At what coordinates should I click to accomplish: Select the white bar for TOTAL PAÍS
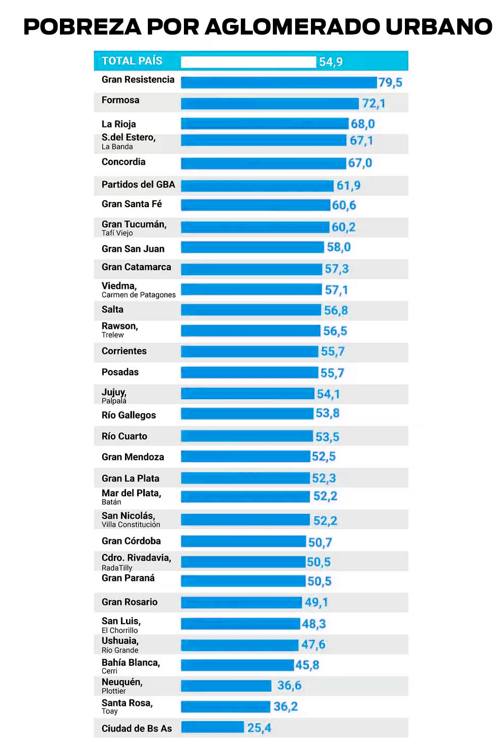[x=248, y=62]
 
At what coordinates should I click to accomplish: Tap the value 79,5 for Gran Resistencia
[x=390, y=82]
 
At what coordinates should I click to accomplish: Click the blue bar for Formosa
[x=270, y=104]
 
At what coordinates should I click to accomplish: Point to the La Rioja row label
[x=119, y=124]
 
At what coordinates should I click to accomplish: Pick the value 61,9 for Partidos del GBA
[x=349, y=185]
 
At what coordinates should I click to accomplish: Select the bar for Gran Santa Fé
[x=256, y=205]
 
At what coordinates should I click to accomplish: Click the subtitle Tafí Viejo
[x=117, y=233]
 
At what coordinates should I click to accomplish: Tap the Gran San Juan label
[x=133, y=249]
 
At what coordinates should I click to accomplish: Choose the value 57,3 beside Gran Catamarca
[x=337, y=269]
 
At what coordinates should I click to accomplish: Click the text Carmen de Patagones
[x=139, y=295]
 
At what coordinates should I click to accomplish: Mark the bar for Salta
[x=251, y=310]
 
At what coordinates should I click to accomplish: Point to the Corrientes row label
[x=124, y=351]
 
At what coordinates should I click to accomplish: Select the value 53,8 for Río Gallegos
[x=328, y=413]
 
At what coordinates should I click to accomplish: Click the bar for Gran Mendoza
[x=245, y=457]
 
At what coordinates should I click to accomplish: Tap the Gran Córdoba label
[x=131, y=541]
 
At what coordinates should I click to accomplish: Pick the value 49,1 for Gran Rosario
[x=317, y=602]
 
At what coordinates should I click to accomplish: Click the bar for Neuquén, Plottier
[x=226, y=686]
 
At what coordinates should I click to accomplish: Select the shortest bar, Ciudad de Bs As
[x=212, y=727]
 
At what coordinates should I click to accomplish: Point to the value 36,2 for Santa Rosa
[x=286, y=706]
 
